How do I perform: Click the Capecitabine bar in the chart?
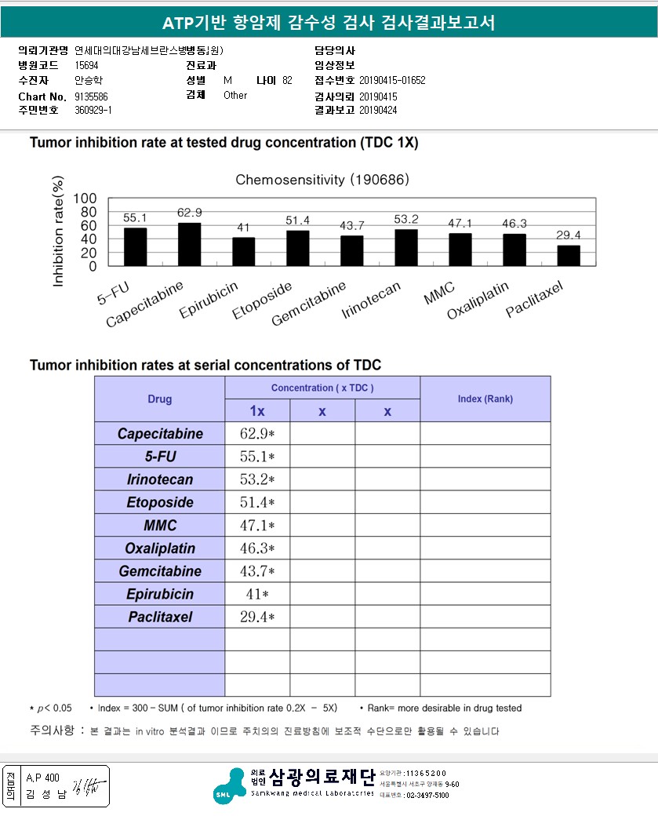pyautogui.click(x=190, y=245)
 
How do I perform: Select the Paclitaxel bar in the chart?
pyautogui.click(x=569, y=256)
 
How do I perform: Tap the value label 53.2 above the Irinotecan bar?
pyautogui.click(x=405, y=219)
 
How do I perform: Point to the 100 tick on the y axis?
pyautogui.click(x=85, y=198)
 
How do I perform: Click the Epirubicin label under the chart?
pyautogui.click(x=209, y=301)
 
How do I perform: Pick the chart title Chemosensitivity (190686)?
pyautogui.click(x=322, y=180)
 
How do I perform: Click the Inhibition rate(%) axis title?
pyautogui.click(x=58, y=232)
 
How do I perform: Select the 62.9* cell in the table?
pyautogui.click(x=257, y=434)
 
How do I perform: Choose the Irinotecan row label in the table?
pyautogui.click(x=160, y=479)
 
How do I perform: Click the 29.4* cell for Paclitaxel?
pyautogui.click(x=257, y=617)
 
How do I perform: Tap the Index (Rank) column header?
pyautogui.click(x=485, y=399)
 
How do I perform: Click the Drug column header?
pyautogui.click(x=160, y=399)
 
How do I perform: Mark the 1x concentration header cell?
pyautogui.click(x=257, y=411)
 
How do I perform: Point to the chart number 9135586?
pyautogui.click(x=92, y=96)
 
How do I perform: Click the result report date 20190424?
pyautogui.click(x=378, y=111)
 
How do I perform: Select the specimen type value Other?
pyautogui.click(x=235, y=95)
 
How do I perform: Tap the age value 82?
pyautogui.click(x=287, y=81)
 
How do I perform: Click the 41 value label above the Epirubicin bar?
pyautogui.click(x=243, y=228)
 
